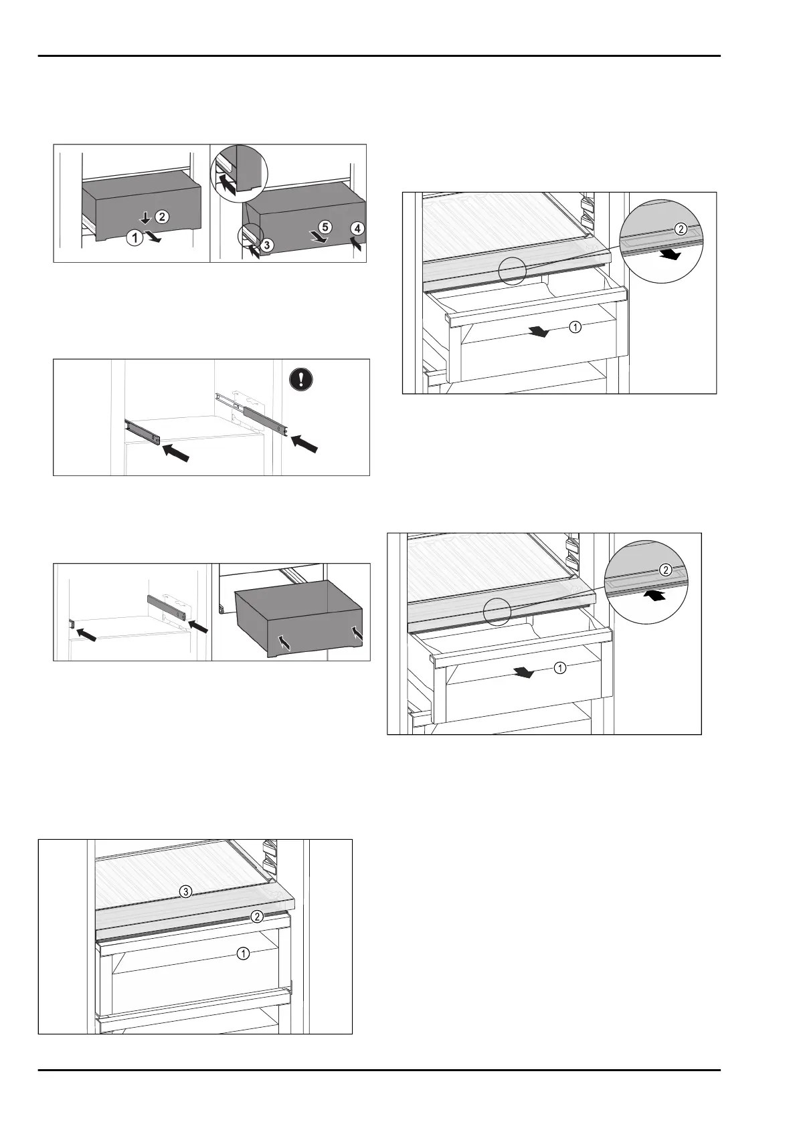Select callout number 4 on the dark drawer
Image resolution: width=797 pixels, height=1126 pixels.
[x=357, y=228]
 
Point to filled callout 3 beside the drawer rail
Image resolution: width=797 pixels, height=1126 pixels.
[x=266, y=245]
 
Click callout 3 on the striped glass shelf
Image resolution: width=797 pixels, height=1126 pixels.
[x=186, y=891]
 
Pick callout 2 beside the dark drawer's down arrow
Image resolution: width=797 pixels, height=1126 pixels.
[x=161, y=216]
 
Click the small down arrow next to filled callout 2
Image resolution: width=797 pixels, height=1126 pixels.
[x=145, y=218]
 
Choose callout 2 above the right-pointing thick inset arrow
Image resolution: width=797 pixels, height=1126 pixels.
[x=680, y=229]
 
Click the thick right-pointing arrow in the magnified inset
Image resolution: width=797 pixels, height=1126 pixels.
[x=669, y=255]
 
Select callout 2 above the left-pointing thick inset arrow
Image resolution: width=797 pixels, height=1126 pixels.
[x=666, y=570]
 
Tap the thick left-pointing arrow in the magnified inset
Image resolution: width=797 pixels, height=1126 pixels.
[x=656, y=595]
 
